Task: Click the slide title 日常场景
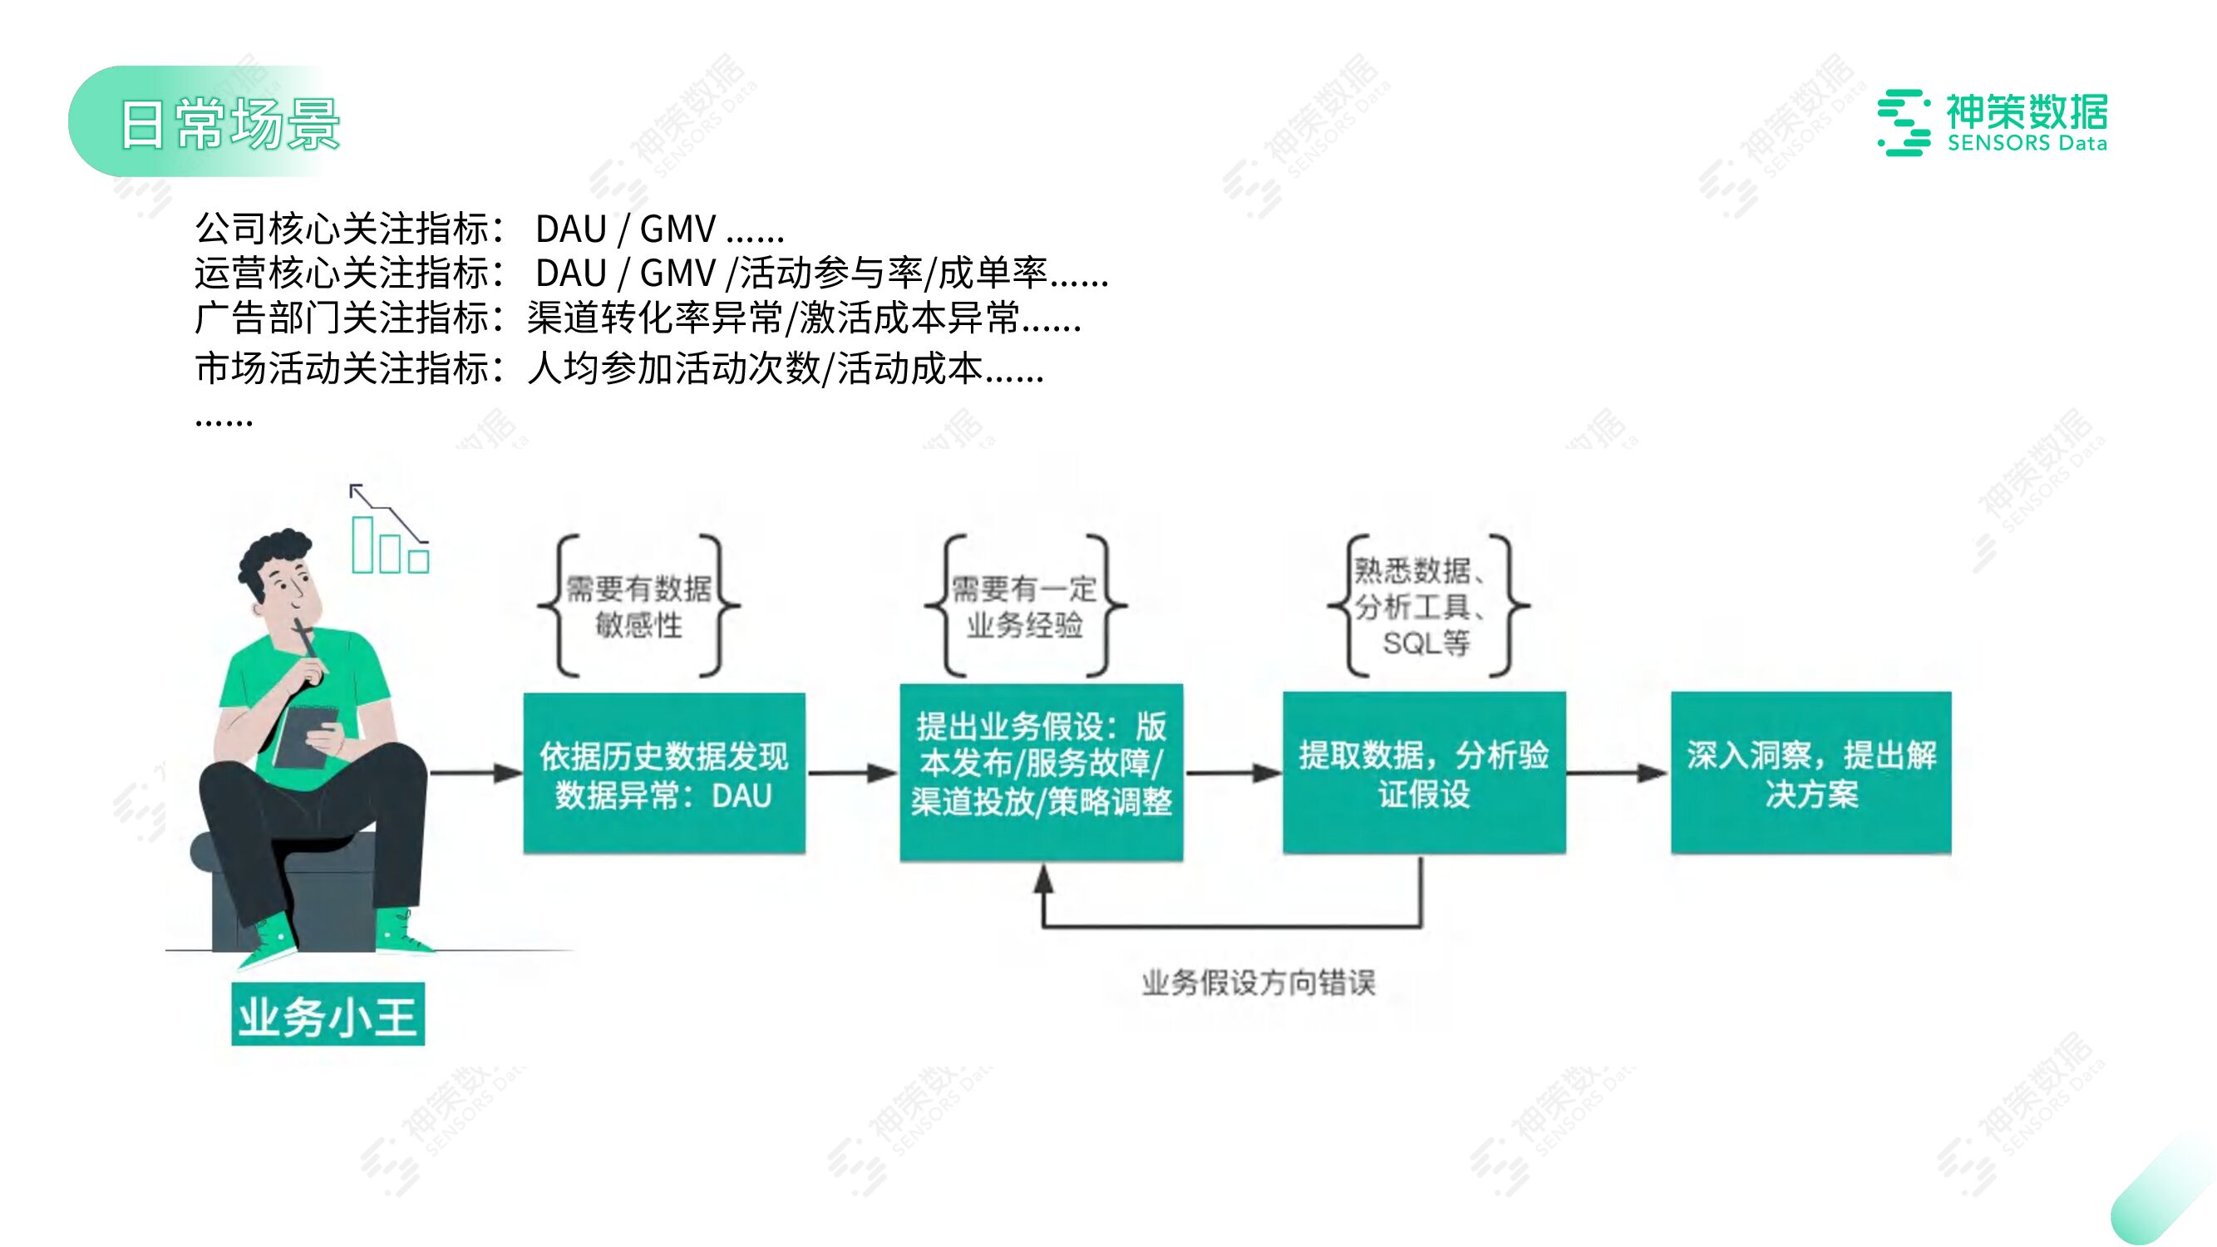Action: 229,124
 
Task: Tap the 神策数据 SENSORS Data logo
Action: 1993,123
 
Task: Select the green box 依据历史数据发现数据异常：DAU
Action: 663,773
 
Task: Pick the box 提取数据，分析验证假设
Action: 1423,773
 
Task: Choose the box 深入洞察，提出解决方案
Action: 1811,773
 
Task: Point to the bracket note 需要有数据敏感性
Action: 638,606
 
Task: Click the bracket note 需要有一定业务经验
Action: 1024,606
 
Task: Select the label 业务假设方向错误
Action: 1259,982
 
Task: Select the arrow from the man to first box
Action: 475,773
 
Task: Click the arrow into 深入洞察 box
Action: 1617,773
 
